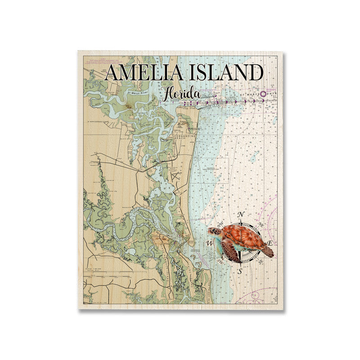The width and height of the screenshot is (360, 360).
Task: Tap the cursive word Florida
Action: click(x=181, y=94)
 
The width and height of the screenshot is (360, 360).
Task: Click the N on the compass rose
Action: click(x=241, y=214)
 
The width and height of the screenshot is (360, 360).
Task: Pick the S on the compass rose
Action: click(x=240, y=271)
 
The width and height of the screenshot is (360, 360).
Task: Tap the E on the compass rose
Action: click(x=270, y=243)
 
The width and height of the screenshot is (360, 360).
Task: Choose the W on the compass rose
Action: click(x=210, y=243)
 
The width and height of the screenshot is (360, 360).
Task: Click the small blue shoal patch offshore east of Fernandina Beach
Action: click(x=255, y=156)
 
